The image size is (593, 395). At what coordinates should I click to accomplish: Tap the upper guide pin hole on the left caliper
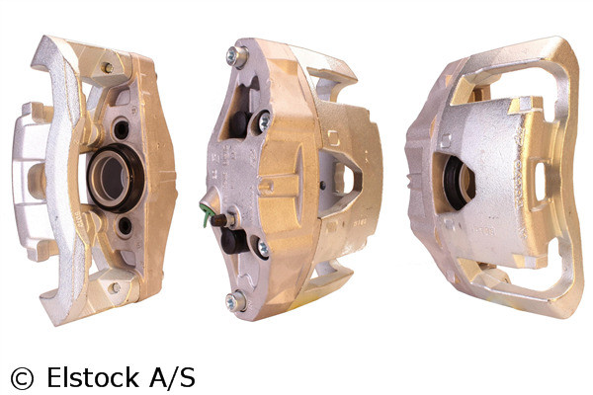pos(122,128)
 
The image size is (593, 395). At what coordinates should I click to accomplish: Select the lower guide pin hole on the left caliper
pos(125,226)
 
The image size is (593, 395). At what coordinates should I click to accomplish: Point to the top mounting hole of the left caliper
pos(106,68)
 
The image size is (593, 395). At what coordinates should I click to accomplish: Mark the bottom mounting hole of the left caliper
pos(115,287)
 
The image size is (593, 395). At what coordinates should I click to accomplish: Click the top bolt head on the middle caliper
pos(235,55)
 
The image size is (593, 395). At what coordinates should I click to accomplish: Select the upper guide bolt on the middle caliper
pos(263,121)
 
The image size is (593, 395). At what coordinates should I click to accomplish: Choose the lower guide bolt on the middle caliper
pos(261,247)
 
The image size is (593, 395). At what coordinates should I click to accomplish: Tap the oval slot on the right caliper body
pos(540,181)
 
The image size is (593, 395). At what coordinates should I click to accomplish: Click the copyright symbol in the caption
pos(21,377)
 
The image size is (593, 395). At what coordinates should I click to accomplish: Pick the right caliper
pos(494,178)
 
